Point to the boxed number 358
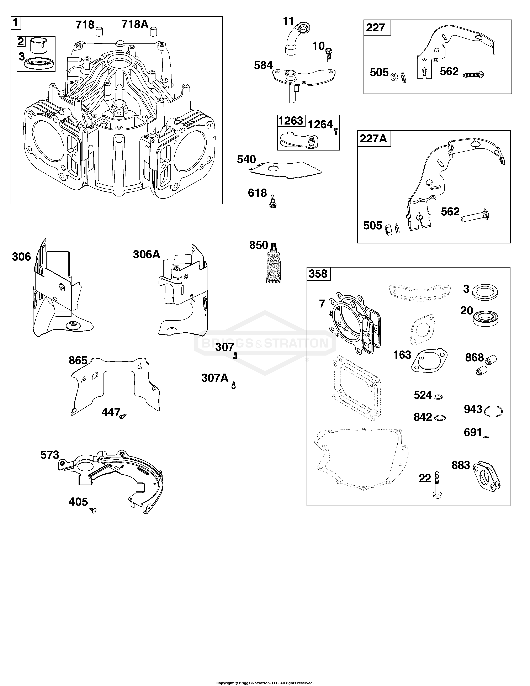point(318,274)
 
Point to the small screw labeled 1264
point(335,131)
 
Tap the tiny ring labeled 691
point(486,437)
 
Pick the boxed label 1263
point(291,121)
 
